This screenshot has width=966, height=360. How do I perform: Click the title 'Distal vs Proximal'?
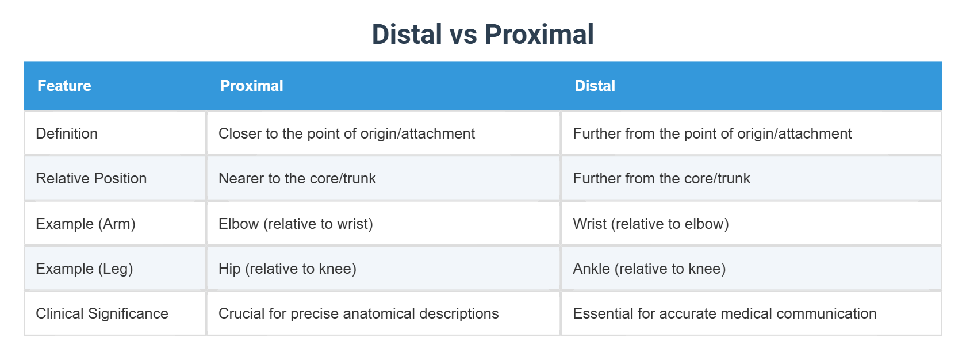482,35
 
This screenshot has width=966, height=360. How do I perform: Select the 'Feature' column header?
64,86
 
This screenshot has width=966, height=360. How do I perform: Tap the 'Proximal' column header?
251,86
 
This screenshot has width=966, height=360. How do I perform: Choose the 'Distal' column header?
595,86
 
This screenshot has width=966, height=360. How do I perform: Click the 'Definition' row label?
67,133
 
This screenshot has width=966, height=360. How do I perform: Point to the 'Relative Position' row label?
91,178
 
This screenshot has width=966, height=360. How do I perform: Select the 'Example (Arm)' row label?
86,224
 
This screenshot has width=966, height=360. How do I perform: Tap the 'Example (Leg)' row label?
85,269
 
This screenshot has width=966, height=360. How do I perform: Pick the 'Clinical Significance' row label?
102,313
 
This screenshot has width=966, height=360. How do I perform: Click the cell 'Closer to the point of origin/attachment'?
346,133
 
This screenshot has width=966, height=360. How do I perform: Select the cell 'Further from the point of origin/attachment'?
712,133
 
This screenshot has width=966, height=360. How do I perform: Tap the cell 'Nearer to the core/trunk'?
297,178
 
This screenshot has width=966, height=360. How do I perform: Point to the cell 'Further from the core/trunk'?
661,178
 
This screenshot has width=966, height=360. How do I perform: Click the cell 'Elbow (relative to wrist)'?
296,224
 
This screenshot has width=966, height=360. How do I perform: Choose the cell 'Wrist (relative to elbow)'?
650,224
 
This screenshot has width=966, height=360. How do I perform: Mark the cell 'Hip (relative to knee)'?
287,269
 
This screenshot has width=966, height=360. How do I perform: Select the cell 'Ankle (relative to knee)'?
649,269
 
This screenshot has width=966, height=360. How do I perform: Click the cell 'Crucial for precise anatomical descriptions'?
358,313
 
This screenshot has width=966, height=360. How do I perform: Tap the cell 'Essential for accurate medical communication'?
724,313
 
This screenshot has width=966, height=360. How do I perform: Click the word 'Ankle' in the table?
591,269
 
